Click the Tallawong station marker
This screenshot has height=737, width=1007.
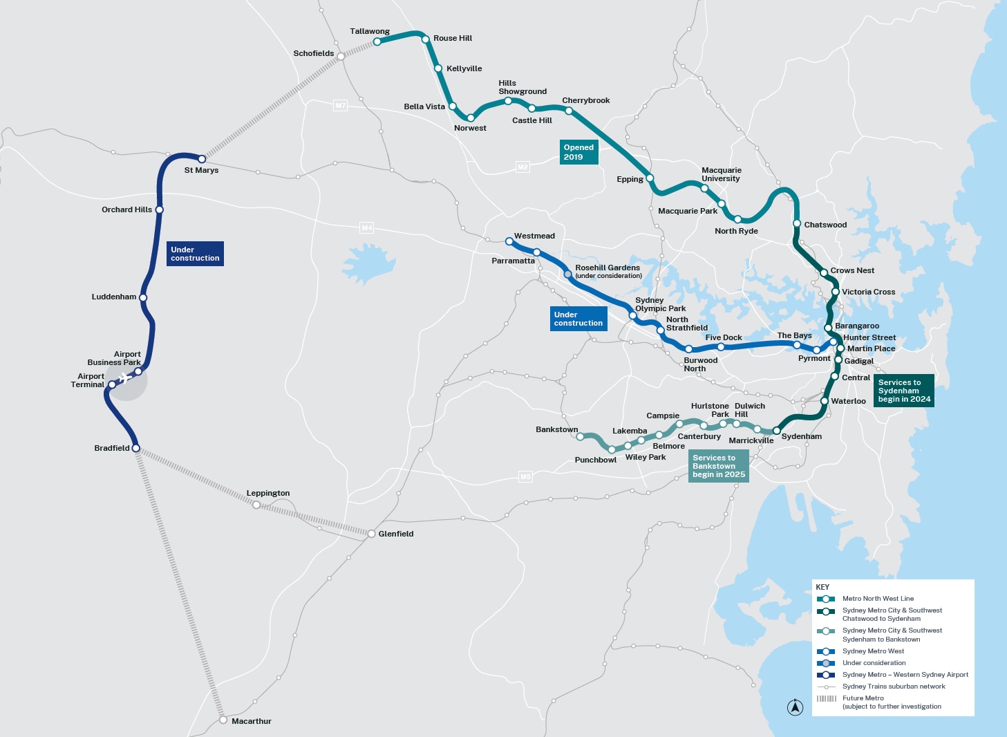coord(377,41)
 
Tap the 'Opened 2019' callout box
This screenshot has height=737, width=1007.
coord(578,152)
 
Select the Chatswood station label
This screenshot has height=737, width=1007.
coord(825,225)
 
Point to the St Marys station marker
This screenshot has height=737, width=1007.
coord(202,159)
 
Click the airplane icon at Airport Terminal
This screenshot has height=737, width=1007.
coord(124,377)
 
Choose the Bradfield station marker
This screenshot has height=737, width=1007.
coord(136,448)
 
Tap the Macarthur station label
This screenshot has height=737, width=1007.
coord(251,721)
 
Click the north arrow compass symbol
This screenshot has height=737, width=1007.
coord(796,707)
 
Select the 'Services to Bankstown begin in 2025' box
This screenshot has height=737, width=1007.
coord(719,466)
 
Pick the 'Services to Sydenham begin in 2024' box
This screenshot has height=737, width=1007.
coord(904,391)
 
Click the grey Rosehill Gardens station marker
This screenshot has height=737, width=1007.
coord(568,274)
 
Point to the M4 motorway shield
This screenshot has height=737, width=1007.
coord(367,227)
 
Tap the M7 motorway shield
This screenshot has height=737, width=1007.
coord(340,106)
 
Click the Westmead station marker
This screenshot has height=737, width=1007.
coord(509,241)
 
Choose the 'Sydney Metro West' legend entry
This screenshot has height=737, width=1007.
coord(873,651)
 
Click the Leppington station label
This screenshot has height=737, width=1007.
coord(268,493)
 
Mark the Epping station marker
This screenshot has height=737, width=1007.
coord(650,178)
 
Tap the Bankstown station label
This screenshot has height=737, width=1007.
coord(556,429)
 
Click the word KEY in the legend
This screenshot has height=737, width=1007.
coord(822,587)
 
